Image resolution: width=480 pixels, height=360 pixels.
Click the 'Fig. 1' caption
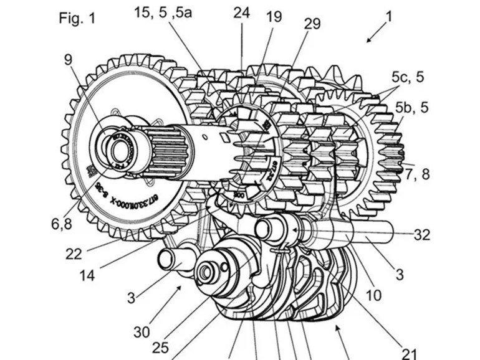tap(77, 17)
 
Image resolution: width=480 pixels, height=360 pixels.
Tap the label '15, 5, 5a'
tap(161, 12)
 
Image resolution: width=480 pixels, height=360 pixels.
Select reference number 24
tap(241, 12)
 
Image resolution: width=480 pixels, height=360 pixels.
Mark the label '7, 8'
tap(416, 174)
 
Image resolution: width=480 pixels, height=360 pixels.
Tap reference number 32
tap(421, 235)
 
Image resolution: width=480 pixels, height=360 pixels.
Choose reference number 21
tap(410, 353)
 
